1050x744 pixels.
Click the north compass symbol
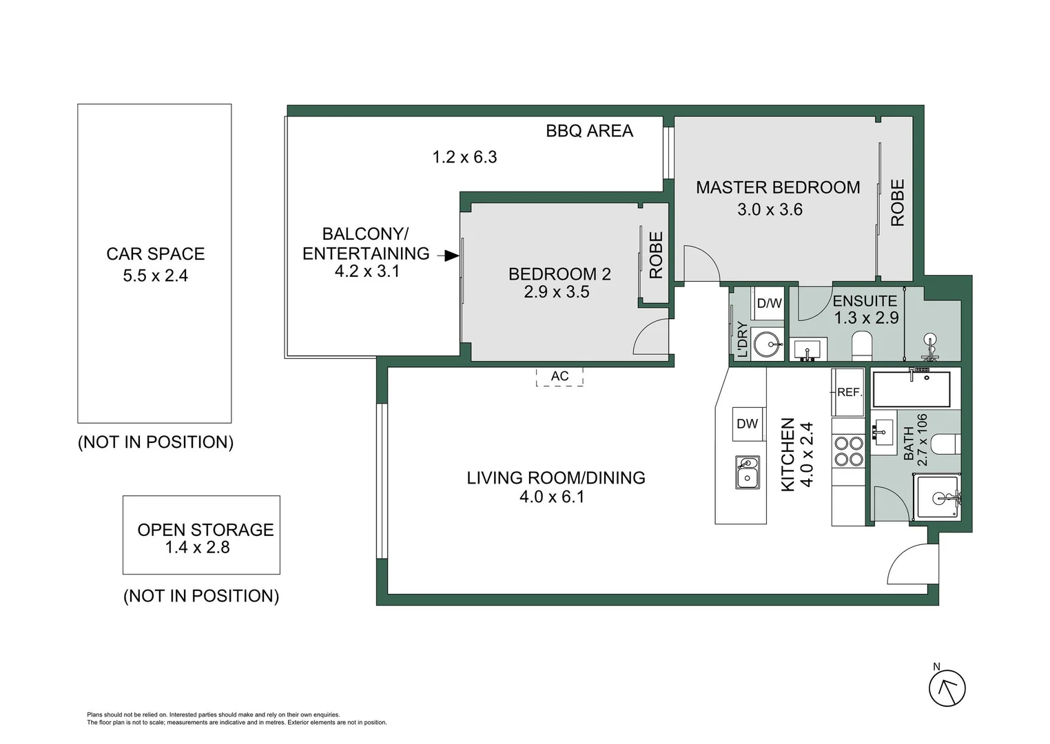tap(947, 688)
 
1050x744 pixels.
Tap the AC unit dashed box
tap(559, 376)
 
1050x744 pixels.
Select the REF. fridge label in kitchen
tap(849, 392)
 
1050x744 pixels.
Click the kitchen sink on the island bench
tap(747, 472)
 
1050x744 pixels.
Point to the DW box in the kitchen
tap(748, 424)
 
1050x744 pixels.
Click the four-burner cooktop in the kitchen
tap(848, 451)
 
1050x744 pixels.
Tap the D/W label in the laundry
tap(769, 303)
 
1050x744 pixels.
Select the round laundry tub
tap(767, 344)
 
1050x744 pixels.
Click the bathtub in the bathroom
tap(912, 389)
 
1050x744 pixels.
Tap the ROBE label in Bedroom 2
tap(656, 255)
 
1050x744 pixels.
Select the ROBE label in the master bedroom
tap(897, 203)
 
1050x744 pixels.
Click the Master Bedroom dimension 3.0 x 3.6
tap(770, 209)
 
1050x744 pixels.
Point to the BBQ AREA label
tap(589, 131)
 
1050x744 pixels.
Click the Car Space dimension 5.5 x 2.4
tap(155, 276)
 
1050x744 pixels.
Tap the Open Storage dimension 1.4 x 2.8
tap(197, 548)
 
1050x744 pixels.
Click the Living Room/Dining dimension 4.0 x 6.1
tap(552, 497)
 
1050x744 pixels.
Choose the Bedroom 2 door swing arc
tap(651, 339)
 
